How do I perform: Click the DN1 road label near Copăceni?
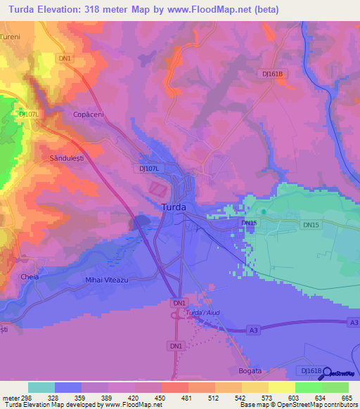click(x=65, y=58)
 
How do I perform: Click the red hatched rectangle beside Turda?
click(x=159, y=189)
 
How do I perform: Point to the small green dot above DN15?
click(x=264, y=211)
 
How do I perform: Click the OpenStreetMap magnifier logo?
click(x=326, y=372)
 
